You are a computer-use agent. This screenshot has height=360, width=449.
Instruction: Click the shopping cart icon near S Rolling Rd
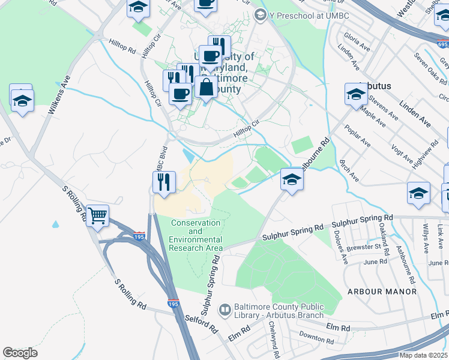[98, 215]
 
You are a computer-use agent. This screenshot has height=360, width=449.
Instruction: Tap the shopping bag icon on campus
[206, 87]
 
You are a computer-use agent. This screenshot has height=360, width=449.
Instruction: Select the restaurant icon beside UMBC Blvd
[164, 181]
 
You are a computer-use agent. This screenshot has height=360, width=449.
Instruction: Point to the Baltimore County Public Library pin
[225, 310]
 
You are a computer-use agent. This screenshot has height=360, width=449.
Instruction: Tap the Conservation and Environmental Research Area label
[197, 236]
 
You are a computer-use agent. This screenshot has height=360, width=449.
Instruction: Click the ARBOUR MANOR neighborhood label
[382, 292]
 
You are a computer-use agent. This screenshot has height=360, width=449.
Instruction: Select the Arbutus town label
[375, 86]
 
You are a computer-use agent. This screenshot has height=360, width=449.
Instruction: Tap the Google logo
[20, 353]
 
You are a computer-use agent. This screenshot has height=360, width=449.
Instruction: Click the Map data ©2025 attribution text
[424, 355]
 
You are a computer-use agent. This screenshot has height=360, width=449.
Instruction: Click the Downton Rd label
[316, 338]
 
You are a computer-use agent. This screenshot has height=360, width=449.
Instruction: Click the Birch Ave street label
[349, 171]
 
